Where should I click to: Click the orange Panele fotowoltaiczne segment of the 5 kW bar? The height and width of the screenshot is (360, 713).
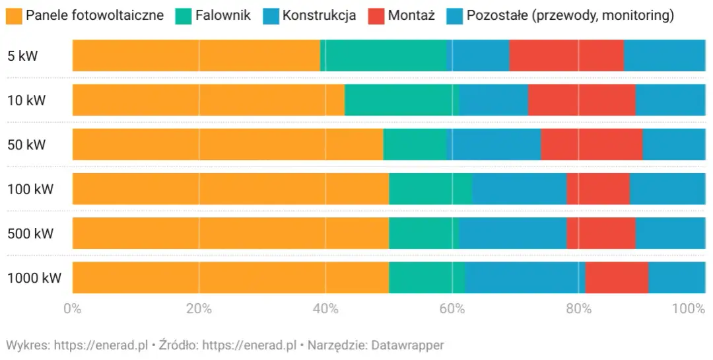(x=196, y=55)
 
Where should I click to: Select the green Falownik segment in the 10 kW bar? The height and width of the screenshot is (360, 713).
(x=401, y=100)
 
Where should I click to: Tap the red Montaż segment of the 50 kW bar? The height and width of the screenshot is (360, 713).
(x=592, y=144)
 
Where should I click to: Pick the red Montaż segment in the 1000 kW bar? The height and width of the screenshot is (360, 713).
(x=617, y=277)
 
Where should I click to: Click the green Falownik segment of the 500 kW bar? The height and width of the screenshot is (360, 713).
(x=424, y=233)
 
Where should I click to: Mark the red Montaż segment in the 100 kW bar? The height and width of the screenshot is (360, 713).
(x=597, y=189)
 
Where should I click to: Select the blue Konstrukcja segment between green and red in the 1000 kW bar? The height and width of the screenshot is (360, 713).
(x=525, y=277)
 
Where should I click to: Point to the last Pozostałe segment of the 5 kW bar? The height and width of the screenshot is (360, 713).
(x=664, y=55)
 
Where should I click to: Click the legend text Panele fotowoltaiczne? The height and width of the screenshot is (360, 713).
(x=94, y=15)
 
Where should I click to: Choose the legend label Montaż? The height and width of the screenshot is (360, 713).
(x=411, y=15)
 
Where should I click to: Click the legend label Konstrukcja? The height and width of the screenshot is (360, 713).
(x=319, y=15)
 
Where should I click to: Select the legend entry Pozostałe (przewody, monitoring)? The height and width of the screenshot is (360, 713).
(x=570, y=15)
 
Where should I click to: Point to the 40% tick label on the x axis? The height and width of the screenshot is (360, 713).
(x=325, y=308)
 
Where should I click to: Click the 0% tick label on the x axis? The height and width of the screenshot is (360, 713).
(x=72, y=308)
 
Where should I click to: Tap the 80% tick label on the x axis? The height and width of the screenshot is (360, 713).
(x=578, y=308)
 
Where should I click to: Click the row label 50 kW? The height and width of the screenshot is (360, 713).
(x=26, y=145)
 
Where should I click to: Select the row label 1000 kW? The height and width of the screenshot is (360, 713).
(x=34, y=278)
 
